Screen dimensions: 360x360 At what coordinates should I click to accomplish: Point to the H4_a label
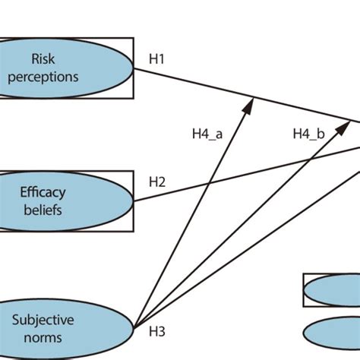207,134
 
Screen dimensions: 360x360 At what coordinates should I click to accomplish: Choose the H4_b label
308,134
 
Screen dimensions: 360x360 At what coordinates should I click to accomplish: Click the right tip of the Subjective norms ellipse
134,328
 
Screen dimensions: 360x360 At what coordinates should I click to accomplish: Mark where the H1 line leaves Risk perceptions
134,68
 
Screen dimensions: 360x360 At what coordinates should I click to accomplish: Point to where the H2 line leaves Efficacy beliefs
134,201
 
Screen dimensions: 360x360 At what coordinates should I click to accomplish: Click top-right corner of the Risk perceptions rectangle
134,38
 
